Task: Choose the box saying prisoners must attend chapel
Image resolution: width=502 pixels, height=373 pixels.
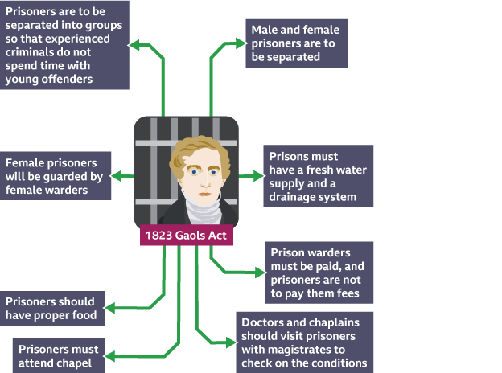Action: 60,356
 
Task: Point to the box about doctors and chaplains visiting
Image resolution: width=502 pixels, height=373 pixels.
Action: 304,342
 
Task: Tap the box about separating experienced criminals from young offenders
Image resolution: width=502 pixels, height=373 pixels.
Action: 64,45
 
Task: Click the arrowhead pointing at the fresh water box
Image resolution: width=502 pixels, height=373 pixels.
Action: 258,175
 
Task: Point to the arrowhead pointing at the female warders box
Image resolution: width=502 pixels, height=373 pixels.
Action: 116,175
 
